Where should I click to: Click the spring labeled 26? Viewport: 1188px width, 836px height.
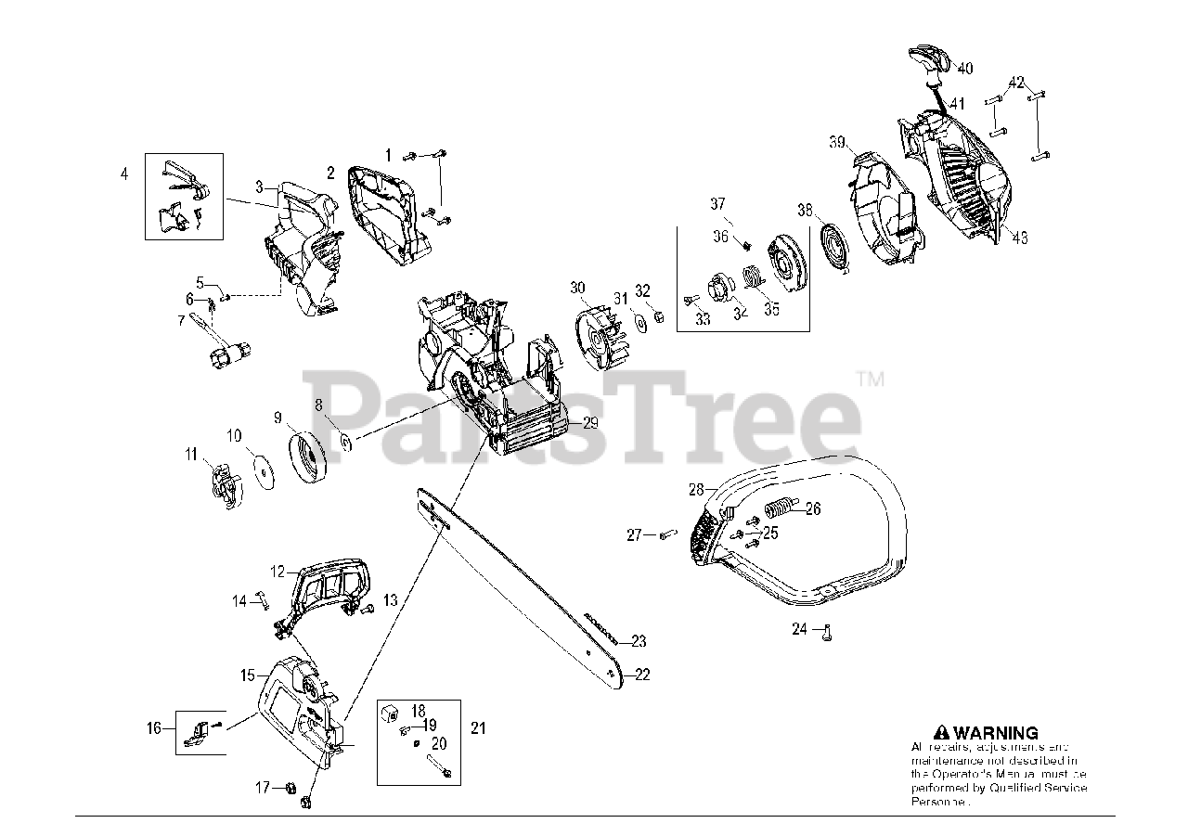[x=781, y=509]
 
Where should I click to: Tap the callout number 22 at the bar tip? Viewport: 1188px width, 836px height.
[x=642, y=675]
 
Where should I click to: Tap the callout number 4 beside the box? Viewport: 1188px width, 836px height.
[x=124, y=173]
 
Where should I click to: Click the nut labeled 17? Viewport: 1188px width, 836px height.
[x=289, y=788]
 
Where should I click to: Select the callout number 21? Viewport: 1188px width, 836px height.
[x=478, y=728]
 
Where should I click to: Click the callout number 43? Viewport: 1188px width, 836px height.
[x=1020, y=238]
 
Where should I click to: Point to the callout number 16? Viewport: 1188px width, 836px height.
[x=155, y=727]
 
